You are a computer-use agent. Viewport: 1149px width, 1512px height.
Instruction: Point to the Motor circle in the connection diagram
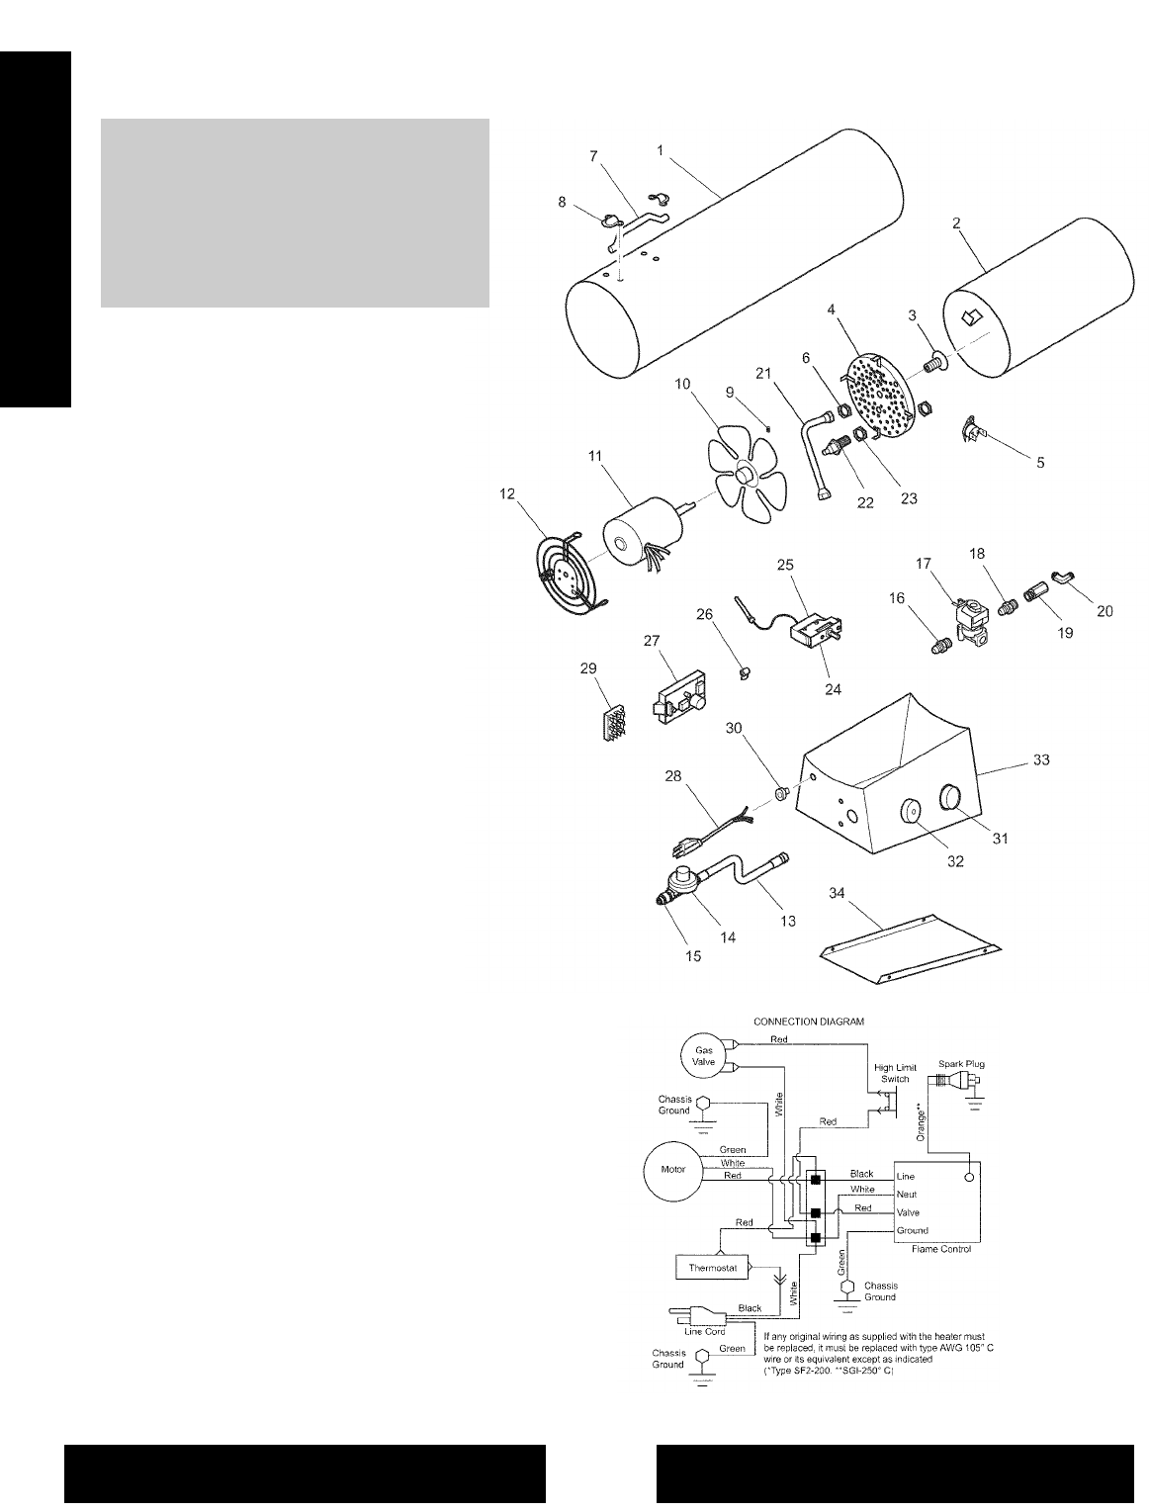pyautogui.click(x=672, y=1169)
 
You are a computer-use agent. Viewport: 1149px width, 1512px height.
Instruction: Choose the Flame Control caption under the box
pyautogui.click(x=938, y=1249)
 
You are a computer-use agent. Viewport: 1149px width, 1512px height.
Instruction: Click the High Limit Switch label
pyautogui.click(x=896, y=1073)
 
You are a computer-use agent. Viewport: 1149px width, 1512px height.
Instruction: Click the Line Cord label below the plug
pyautogui.click(x=706, y=1331)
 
